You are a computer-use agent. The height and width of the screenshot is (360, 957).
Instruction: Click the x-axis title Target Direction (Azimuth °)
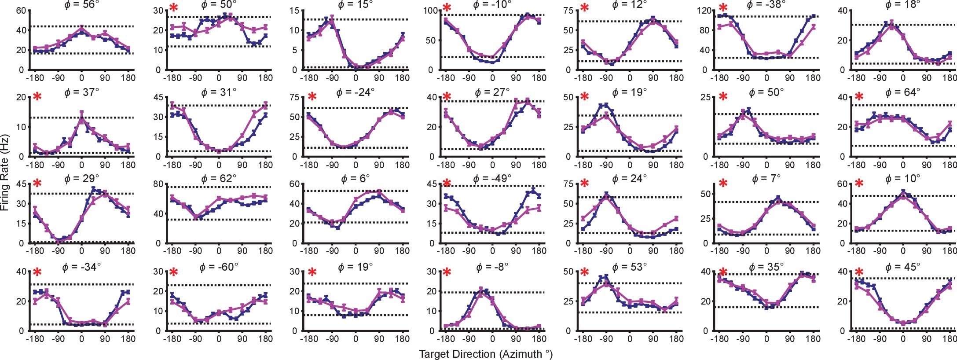pyautogui.click(x=485, y=354)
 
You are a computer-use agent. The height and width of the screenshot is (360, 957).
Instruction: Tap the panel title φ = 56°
pyautogui.click(x=82, y=5)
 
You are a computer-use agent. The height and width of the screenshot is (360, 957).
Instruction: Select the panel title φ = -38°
pyautogui.click(x=766, y=5)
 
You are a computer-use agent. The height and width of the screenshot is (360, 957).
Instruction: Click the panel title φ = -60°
pyautogui.click(x=219, y=267)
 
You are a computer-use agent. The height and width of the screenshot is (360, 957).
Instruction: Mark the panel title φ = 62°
pyautogui.click(x=219, y=179)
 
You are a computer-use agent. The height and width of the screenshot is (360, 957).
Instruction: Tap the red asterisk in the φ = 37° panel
pyautogui.click(x=37, y=97)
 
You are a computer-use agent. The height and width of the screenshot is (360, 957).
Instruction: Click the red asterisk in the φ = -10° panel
pyautogui.click(x=447, y=8)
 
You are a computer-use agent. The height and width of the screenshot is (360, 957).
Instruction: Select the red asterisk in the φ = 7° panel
pyautogui.click(x=723, y=184)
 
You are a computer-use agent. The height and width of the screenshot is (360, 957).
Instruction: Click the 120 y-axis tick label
pyautogui.click(x=704, y=11)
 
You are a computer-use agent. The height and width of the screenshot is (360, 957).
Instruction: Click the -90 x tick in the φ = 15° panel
pyautogui.click(x=332, y=78)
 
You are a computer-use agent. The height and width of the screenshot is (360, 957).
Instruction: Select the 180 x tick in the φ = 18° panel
pyautogui.click(x=950, y=78)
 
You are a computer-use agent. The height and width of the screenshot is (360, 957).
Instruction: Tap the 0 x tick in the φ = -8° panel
pyautogui.click(x=492, y=339)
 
